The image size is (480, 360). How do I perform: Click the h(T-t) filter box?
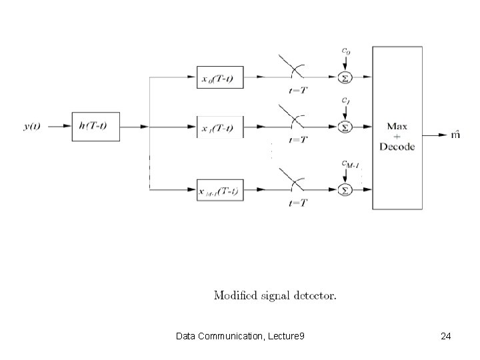click(96, 126)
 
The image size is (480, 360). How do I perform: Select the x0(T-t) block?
click(221, 78)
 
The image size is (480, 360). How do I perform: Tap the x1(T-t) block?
click(221, 127)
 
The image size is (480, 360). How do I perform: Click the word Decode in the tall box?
click(397, 147)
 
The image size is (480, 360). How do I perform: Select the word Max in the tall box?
click(397, 126)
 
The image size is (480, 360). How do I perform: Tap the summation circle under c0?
click(345, 78)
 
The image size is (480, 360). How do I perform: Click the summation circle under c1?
click(345, 126)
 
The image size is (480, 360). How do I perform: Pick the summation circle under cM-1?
click(345, 191)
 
